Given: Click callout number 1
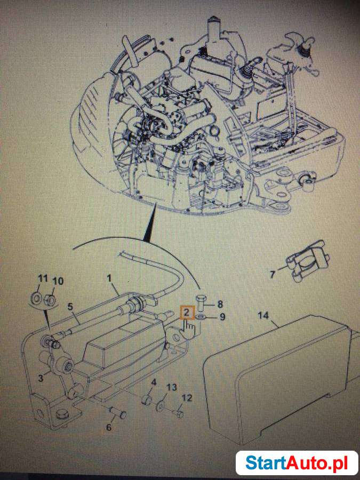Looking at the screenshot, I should point(109,278).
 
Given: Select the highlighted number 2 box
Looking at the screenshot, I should point(186,312).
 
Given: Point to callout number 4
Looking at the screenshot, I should point(153,382).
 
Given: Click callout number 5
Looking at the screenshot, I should point(70,307).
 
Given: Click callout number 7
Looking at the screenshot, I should point(272,275).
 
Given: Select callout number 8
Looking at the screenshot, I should point(220,305).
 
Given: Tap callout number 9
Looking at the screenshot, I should point(222,317).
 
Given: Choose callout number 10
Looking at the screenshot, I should point(58,281).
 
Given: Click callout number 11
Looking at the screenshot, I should point(42,278).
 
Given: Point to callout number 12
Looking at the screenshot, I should point(187,398).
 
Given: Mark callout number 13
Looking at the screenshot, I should point(171,387).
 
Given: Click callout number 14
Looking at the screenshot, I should point(263,315).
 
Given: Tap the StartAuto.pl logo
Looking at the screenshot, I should point(297,462).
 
